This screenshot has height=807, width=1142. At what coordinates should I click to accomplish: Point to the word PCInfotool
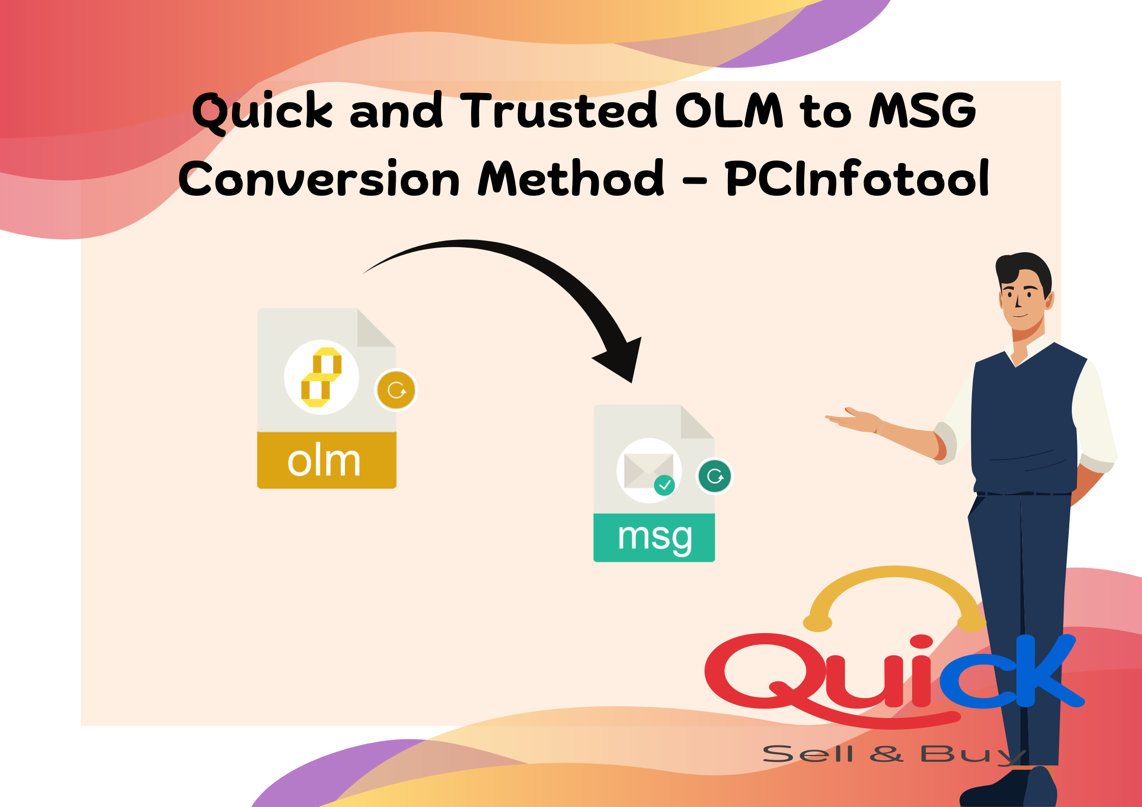pos(857,177)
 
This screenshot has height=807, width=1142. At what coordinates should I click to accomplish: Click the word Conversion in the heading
pos(319,177)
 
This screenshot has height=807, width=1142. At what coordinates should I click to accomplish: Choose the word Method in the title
pos(571,177)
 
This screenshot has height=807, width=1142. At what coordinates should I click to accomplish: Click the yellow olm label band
pos(327,460)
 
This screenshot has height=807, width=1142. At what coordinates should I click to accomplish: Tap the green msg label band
pos(654,537)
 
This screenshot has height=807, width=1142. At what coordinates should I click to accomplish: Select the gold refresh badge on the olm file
pos(396,390)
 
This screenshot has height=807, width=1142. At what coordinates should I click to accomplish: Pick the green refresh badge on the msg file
pos(715,476)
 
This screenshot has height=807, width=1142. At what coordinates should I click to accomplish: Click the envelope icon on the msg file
pos(649,470)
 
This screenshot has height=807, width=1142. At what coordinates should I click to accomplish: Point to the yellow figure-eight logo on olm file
pos(321,377)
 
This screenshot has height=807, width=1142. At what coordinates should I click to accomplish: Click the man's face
pos(1022,300)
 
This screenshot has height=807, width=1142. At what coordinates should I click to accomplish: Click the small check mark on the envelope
pos(664,485)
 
